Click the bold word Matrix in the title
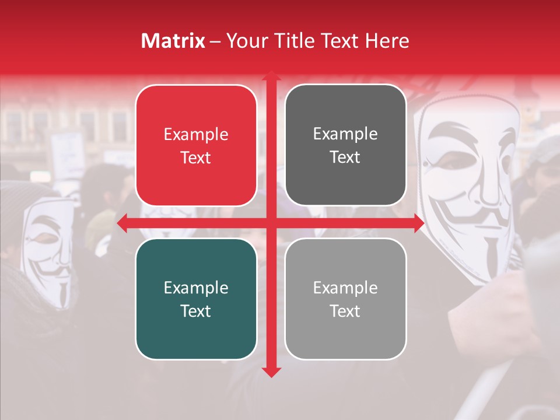coord(173,41)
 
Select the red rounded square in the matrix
coord(196,146)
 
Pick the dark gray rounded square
coord(345,145)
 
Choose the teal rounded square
coord(196,299)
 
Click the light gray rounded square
coord(345,299)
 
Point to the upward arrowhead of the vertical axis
coord(271,76)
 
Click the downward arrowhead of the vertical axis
coord(271,372)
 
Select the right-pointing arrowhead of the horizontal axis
coord(418,223)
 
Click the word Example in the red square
coord(196,135)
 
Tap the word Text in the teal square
coord(196,311)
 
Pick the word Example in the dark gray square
coord(345,134)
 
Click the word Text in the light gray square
coord(345,311)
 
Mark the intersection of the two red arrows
coord(271,223)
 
